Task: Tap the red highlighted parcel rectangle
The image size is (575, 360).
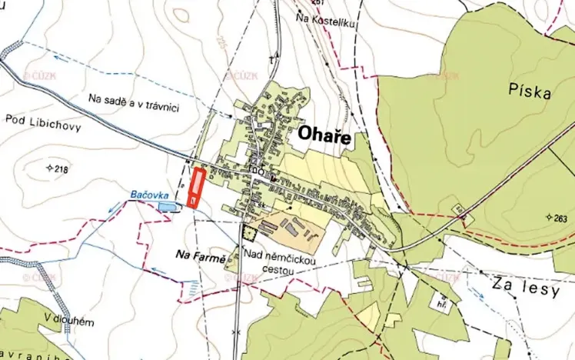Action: (197, 187)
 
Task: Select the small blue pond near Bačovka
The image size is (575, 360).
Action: (165, 206)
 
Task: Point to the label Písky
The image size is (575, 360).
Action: (530, 92)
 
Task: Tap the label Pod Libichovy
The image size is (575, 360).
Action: (43, 122)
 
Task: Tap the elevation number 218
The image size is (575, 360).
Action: (62, 168)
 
